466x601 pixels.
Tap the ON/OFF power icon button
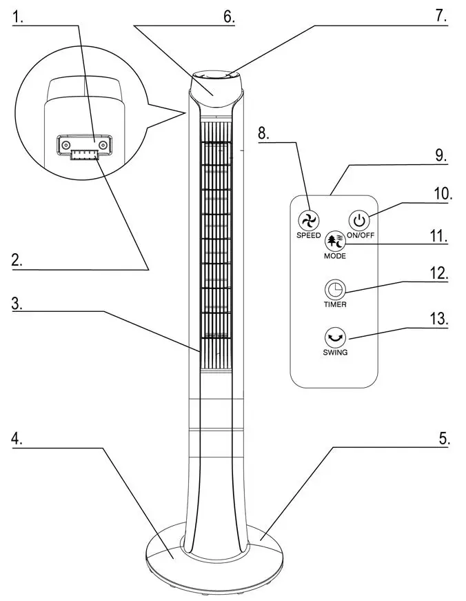[358, 221]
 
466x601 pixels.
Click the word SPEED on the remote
[308, 236]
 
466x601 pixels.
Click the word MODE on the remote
[334, 256]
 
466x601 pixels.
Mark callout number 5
[445, 439]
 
